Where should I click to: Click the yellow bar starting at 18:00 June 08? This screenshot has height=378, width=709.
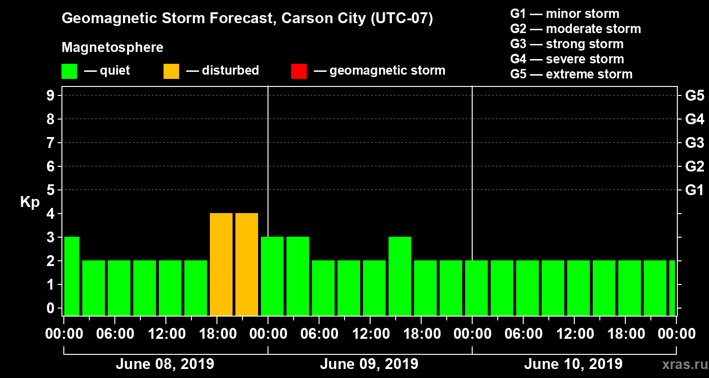click(x=221, y=264)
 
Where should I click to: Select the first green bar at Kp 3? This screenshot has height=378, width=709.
click(x=72, y=276)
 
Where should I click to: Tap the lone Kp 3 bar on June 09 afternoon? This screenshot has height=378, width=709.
click(x=400, y=276)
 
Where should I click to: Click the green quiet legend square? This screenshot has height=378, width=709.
click(x=69, y=71)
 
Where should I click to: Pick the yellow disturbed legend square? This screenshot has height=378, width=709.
click(x=171, y=71)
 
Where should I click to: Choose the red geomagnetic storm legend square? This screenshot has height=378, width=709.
click(x=299, y=71)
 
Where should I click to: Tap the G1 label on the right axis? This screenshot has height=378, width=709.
click(x=694, y=190)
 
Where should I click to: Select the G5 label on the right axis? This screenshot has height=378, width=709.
click(x=694, y=96)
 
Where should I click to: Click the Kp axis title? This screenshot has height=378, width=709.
click(x=30, y=202)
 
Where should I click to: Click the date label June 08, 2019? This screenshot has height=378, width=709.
click(x=164, y=364)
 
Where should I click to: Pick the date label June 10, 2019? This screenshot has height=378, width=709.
click(x=573, y=364)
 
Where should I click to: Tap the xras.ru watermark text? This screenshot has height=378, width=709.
click(x=682, y=364)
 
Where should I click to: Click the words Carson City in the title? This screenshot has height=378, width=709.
click(x=321, y=18)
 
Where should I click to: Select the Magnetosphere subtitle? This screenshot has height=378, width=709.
click(x=112, y=48)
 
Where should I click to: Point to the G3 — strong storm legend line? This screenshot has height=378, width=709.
click(x=567, y=44)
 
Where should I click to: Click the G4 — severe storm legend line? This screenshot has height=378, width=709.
click(x=567, y=59)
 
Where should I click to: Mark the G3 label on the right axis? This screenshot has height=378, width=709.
click(x=694, y=143)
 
